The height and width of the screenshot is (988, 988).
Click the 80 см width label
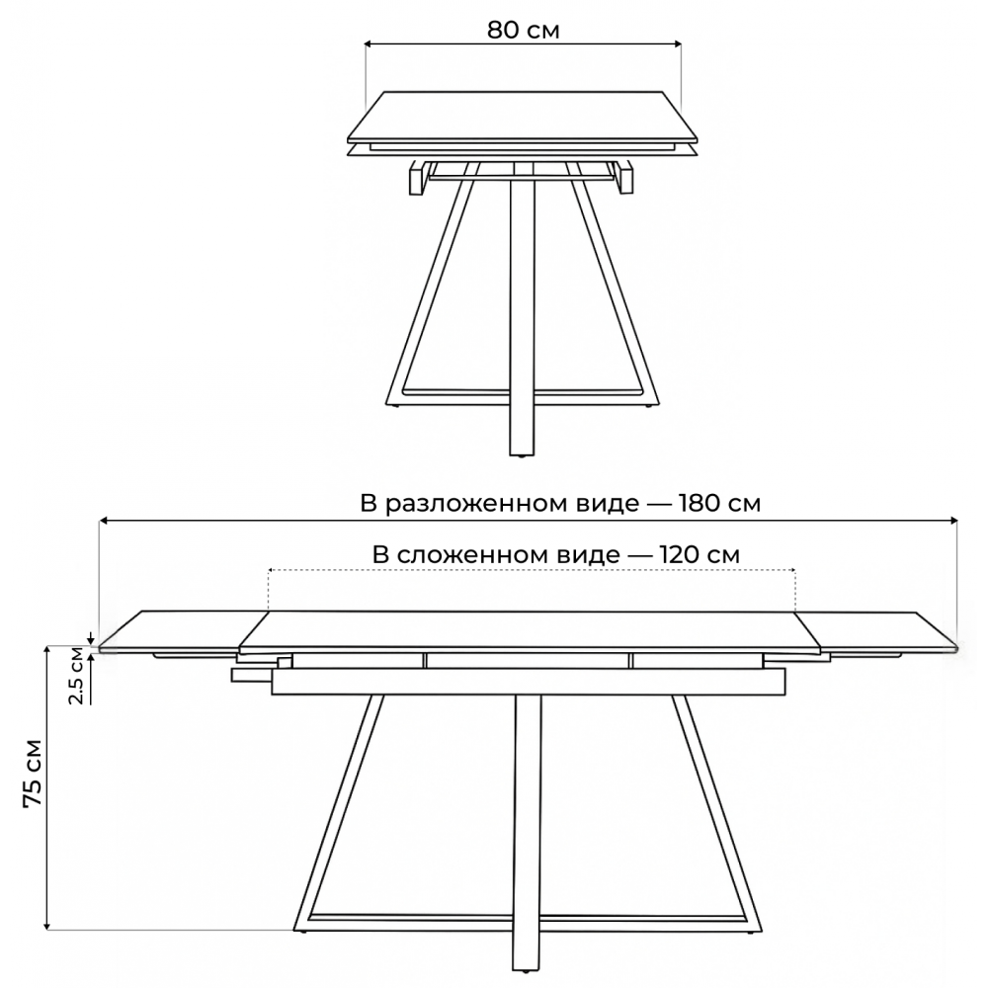point(523,30)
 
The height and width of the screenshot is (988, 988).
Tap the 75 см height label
point(33,774)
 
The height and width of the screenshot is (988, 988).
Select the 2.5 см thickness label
point(76,675)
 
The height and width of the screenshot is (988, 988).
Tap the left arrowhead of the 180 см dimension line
point(104,521)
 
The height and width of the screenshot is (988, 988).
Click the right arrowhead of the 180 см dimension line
point(953,521)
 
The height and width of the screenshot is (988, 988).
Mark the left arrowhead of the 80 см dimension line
point(370,43)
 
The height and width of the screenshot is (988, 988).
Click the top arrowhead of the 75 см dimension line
point(46,651)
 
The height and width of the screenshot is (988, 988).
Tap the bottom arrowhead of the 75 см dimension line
point(46,924)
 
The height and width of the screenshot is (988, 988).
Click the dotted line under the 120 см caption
point(532,570)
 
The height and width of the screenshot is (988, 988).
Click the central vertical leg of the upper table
point(523,315)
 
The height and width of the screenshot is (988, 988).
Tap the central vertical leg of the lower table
point(528,838)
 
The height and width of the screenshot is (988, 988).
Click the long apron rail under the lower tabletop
point(528,682)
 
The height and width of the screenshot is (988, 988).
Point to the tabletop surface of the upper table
point(523,116)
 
